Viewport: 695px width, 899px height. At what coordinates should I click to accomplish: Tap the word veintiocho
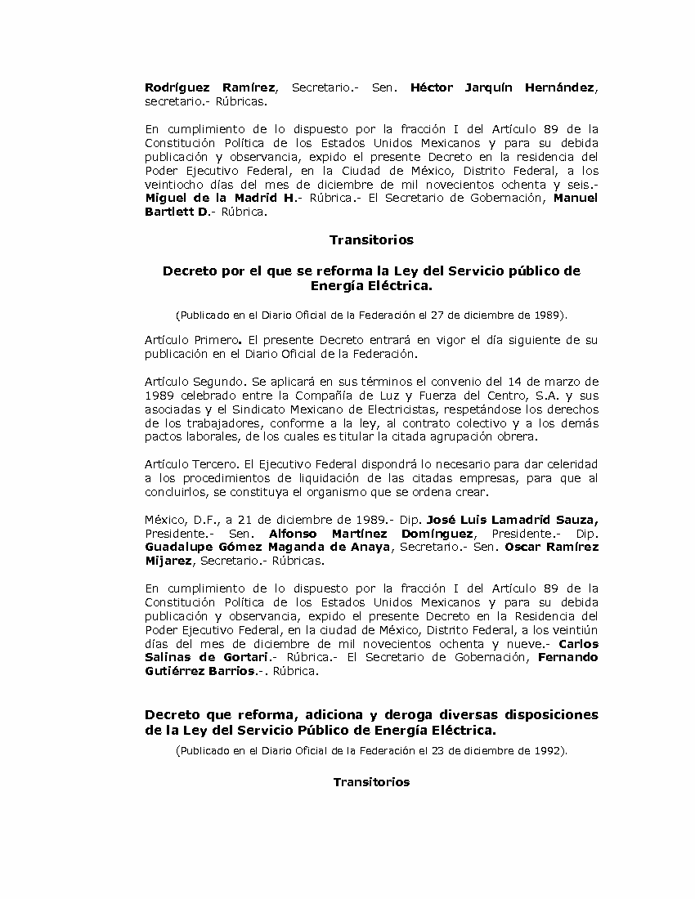pos(176,185)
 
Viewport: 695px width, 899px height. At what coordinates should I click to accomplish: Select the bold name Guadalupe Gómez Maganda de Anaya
pos(267,547)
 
